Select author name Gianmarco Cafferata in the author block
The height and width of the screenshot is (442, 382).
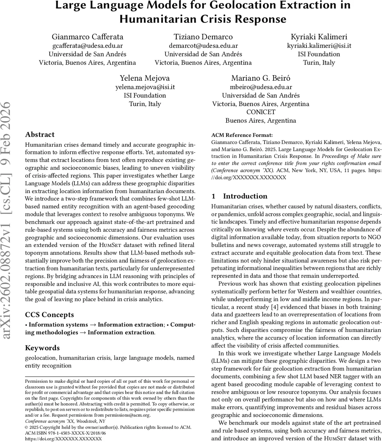(87, 36)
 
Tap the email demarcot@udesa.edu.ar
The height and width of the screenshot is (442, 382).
(203, 45)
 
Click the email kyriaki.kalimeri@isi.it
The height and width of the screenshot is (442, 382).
(319, 45)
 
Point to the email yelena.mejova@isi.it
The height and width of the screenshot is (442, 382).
(145, 87)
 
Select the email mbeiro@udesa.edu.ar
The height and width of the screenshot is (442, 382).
(260, 87)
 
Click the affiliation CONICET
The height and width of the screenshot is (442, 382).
(260, 112)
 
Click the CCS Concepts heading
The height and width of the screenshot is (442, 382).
(49, 315)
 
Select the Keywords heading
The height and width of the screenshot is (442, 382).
(42, 348)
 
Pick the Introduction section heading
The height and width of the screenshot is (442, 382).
(245, 196)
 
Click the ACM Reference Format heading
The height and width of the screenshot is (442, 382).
(242, 135)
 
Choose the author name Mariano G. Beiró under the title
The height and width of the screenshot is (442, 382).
(260, 78)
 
